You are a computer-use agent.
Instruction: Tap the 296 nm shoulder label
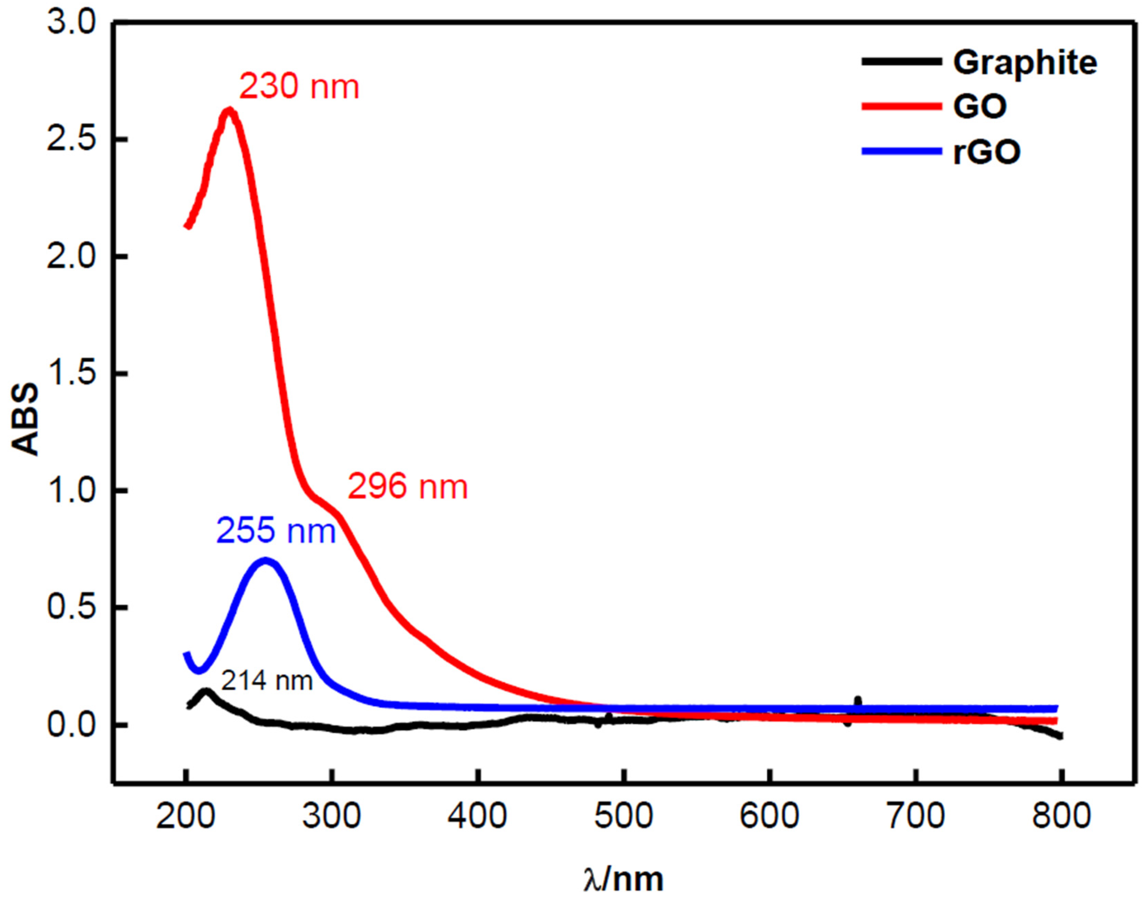408,487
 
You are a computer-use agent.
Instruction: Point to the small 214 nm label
267,682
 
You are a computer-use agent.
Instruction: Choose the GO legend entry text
980,107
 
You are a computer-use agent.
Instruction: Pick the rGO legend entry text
987,152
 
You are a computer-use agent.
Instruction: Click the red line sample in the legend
901,107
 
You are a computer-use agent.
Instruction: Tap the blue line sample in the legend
901,151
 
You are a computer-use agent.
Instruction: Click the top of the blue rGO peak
266,561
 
